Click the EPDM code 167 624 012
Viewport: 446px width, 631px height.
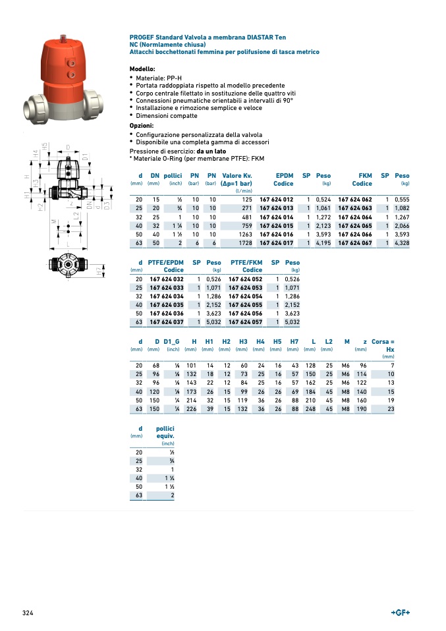coord(276,200)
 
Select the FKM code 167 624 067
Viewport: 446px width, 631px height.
coord(355,243)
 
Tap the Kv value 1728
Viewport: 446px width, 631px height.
coord(244,243)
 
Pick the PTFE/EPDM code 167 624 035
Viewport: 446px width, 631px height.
coord(166,305)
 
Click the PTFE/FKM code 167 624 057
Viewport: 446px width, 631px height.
coord(245,322)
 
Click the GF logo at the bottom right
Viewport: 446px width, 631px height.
coord(401,613)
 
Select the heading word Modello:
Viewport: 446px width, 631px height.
coord(142,69)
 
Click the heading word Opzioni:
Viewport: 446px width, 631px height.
coord(142,125)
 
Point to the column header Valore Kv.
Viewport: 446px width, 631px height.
coord(237,176)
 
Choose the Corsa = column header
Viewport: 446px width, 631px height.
coord(383,341)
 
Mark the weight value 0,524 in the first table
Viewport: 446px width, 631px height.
coord(323,200)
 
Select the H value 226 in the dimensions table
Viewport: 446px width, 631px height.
coord(192,409)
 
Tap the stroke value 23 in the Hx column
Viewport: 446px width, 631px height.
coord(391,409)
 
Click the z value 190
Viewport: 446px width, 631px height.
coord(361,409)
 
